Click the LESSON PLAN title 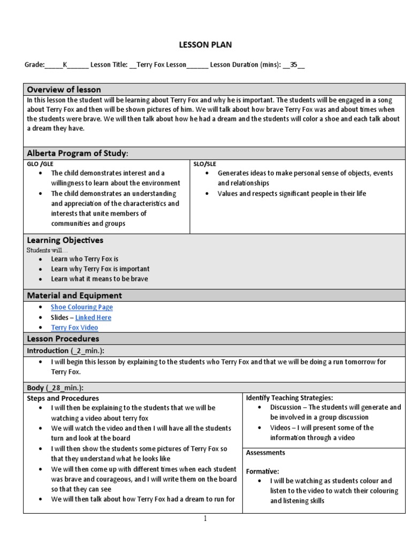click(205, 45)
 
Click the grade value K click(65, 65)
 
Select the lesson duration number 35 click(293, 65)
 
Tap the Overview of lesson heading click(64, 89)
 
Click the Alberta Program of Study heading click(78, 154)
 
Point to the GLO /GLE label click(40, 164)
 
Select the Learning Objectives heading click(65, 240)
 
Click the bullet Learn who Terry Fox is click(85, 259)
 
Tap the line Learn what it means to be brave click(100, 279)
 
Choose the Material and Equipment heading click(74, 295)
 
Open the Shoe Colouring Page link click(82, 307)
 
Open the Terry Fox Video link click(74, 328)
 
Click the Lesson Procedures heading click(63, 339)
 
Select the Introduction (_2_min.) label click(65, 350)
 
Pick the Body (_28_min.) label click(55, 387)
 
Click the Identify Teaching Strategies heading click(289, 398)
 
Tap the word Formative click(262, 471)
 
